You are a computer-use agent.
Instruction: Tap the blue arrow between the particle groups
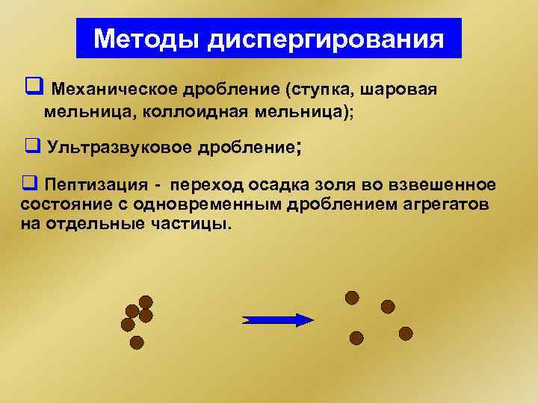[x=278, y=319]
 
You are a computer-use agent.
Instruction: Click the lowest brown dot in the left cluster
[x=136, y=342]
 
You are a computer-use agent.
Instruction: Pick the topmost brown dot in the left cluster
[x=146, y=302]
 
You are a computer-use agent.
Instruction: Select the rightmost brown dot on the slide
[x=406, y=333]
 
